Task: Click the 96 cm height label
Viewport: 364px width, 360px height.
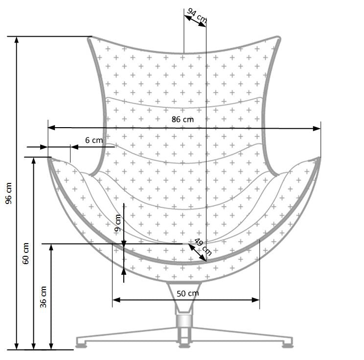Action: click(x=9, y=193)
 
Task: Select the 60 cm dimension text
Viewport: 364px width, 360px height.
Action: click(x=26, y=253)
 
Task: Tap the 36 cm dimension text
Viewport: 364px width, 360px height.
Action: click(x=44, y=296)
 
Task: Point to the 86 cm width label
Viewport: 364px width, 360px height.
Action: click(x=182, y=119)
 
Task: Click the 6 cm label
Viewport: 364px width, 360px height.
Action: click(x=94, y=140)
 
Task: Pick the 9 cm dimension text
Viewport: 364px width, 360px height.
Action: click(x=117, y=223)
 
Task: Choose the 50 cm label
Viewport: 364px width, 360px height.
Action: click(x=188, y=293)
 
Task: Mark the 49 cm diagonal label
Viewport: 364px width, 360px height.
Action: click(x=203, y=247)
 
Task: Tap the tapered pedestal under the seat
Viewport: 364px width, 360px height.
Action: click(x=183, y=296)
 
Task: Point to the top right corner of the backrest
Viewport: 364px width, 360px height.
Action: click(x=278, y=38)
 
